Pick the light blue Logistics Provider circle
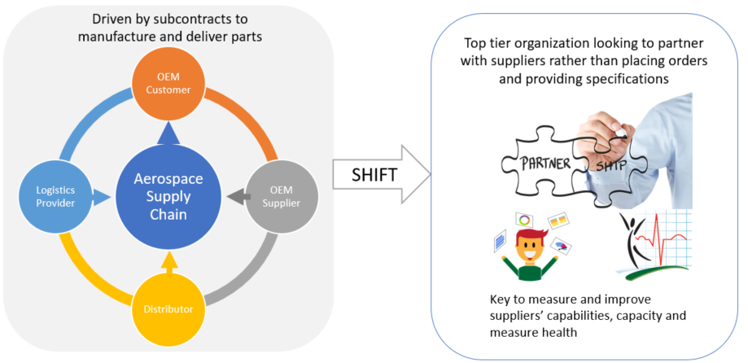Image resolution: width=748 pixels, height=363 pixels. pos(54,195)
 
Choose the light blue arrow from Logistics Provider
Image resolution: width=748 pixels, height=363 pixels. pos(100,195)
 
